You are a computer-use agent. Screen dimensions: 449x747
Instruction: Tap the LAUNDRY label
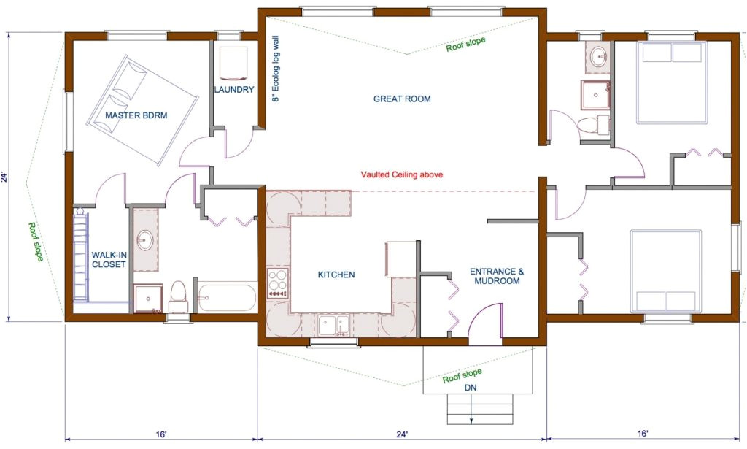pos(234,90)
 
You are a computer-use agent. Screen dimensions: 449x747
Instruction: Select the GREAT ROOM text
pos(402,99)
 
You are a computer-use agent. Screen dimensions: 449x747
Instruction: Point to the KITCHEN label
pos(336,275)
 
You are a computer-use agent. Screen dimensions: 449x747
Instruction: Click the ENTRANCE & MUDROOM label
pos(497,276)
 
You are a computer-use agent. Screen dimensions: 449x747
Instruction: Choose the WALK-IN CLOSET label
pos(109,260)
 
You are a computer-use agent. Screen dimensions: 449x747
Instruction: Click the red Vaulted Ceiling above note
pos(402,175)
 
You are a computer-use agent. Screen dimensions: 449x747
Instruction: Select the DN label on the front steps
pos(471,388)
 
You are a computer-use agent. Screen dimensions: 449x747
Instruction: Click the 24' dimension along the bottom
pos(402,434)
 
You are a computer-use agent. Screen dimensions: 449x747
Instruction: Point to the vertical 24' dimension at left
pos(5,177)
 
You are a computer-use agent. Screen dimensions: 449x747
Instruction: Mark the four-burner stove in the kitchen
pos(279,283)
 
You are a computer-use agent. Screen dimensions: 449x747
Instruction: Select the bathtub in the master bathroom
pos(225,298)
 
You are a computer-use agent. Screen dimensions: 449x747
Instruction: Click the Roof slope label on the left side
pos(34,238)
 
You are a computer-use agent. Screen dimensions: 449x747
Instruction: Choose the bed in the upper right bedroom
pos(672,81)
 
